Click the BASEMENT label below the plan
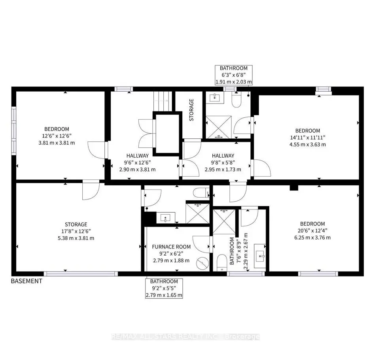tap(26, 281)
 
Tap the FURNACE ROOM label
tap(171, 247)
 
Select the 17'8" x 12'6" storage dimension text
tap(76, 231)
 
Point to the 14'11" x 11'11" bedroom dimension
tap(307, 138)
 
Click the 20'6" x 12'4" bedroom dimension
tap(312, 230)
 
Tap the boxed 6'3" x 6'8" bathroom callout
tap(233, 75)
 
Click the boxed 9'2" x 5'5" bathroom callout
tap(164, 288)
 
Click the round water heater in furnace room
tap(203, 262)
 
